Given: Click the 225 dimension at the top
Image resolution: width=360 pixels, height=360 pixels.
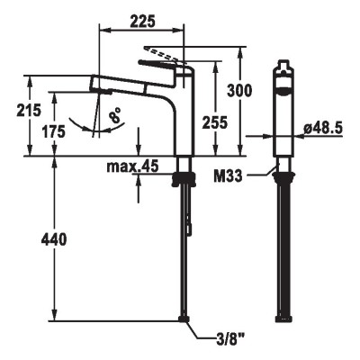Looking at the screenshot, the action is pos(142,21).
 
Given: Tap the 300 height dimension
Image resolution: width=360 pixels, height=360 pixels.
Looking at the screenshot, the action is pos(239,91).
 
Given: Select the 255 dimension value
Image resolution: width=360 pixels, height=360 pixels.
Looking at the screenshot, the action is pos(215,122).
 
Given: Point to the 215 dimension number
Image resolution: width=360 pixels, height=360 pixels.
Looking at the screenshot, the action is pos(29,110).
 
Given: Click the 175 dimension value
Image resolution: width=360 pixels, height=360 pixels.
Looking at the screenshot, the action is pos(53,131).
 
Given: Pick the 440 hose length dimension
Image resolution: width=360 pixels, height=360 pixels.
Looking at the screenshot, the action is pos(54,239).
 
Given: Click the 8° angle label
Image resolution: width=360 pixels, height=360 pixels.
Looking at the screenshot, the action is pos(115,115).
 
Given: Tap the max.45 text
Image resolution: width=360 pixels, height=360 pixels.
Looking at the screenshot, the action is pos(132,166).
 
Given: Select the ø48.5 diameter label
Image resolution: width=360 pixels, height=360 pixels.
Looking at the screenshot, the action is pos(323,129).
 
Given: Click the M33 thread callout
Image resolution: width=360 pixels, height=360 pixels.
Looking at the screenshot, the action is pos(228,176).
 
